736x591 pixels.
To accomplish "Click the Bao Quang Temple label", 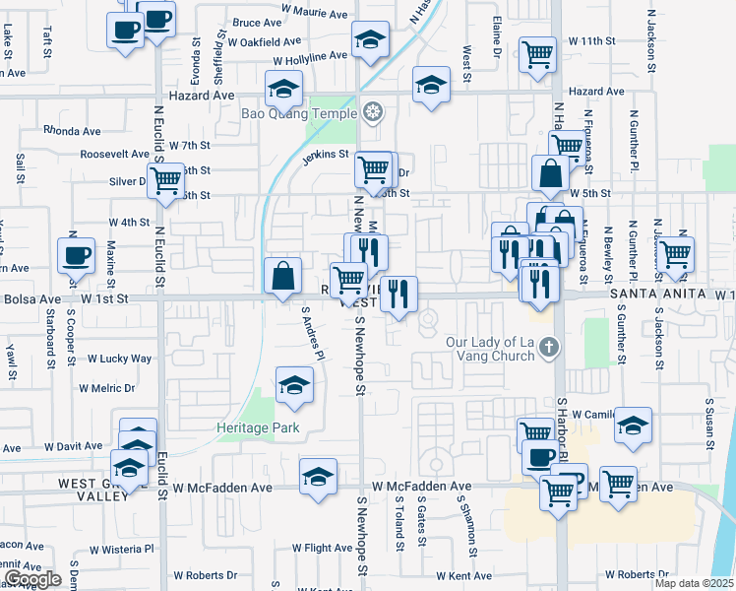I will (x=300, y=113).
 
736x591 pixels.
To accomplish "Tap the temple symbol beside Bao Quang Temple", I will (x=372, y=112).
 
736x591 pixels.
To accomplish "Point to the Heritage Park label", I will (x=258, y=427).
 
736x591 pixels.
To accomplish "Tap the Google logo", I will (x=32, y=579).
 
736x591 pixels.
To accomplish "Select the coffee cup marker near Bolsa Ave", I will (x=77, y=256).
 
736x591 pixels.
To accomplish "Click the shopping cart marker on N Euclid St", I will (x=166, y=180).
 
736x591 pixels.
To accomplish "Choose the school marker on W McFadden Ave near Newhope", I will (x=318, y=477).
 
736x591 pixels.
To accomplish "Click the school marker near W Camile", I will (x=634, y=426).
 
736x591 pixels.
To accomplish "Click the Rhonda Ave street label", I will (x=72, y=130).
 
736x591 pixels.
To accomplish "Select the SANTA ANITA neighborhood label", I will (x=657, y=294).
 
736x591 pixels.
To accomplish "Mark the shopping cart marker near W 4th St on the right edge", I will (x=676, y=252).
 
